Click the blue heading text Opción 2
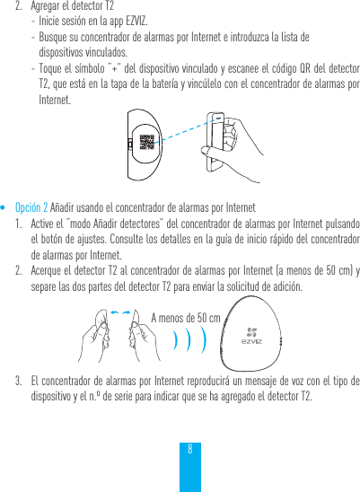[x=33, y=207]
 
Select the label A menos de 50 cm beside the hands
[x=186, y=318]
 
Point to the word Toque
[x=53, y=69]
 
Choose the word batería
[x=192, y=84]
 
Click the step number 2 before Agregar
[x=20, y=5]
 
